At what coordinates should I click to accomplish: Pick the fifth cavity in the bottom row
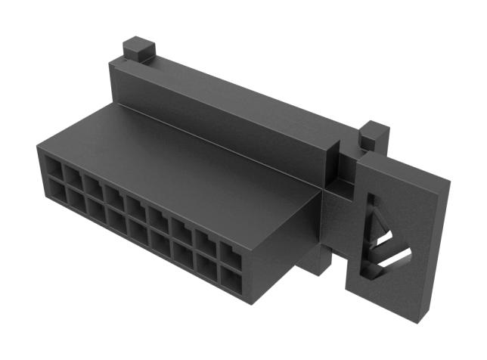[x=138, y=231]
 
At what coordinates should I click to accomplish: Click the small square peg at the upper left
[x=138, y=51]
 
